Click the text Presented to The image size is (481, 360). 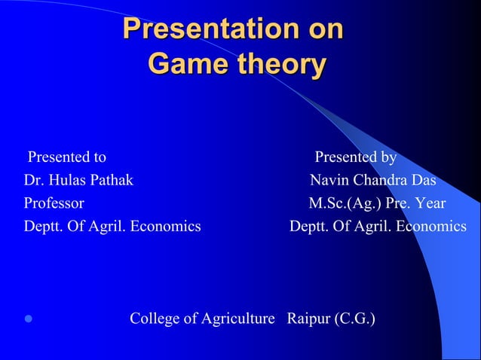tap(67, 157)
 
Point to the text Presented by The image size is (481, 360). tap(356, 157)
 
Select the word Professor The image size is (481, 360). tap(54, 203)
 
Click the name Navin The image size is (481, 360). tap(328, 180)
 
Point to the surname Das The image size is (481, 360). tap(424, 180)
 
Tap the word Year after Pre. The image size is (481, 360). tap(430, 203)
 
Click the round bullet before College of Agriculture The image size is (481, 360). tap(29, 320)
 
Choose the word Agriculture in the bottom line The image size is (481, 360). tap(238, 319)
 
